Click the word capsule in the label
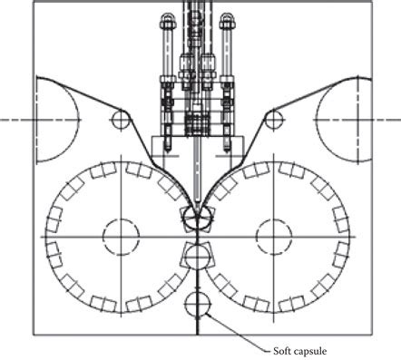click(x=313, y=350)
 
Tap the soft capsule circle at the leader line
click(x=197, y=304)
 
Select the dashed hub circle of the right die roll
click(x=274, y=238)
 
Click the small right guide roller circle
click(x=272, y=119)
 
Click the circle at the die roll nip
click(x=197, y=218)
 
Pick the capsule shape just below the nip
click(x=197, y=254)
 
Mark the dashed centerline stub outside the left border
click(x=15, y=119)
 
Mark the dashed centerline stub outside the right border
click(x=387, y=119)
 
